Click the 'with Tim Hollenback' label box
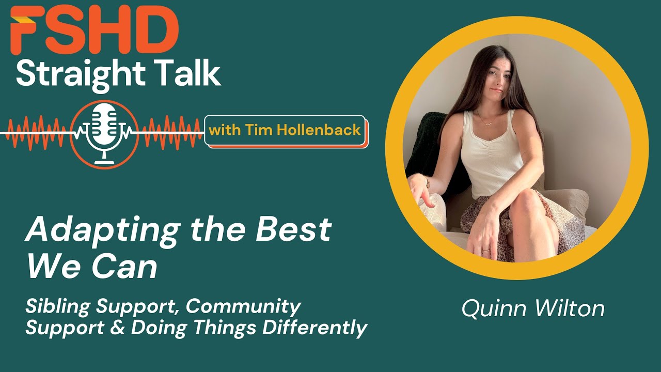(285, 130)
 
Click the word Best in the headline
(297, 229)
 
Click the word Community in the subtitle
(243, 307)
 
